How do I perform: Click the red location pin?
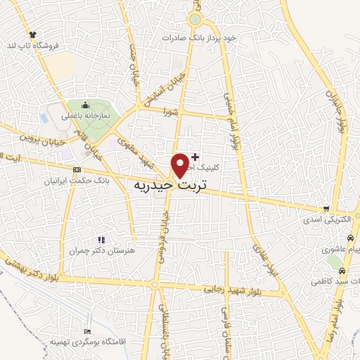[181, 165]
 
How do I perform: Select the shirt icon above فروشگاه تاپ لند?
[32, 34]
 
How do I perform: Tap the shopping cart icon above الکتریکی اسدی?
[326, 209]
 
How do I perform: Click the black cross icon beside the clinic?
[195, 156]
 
